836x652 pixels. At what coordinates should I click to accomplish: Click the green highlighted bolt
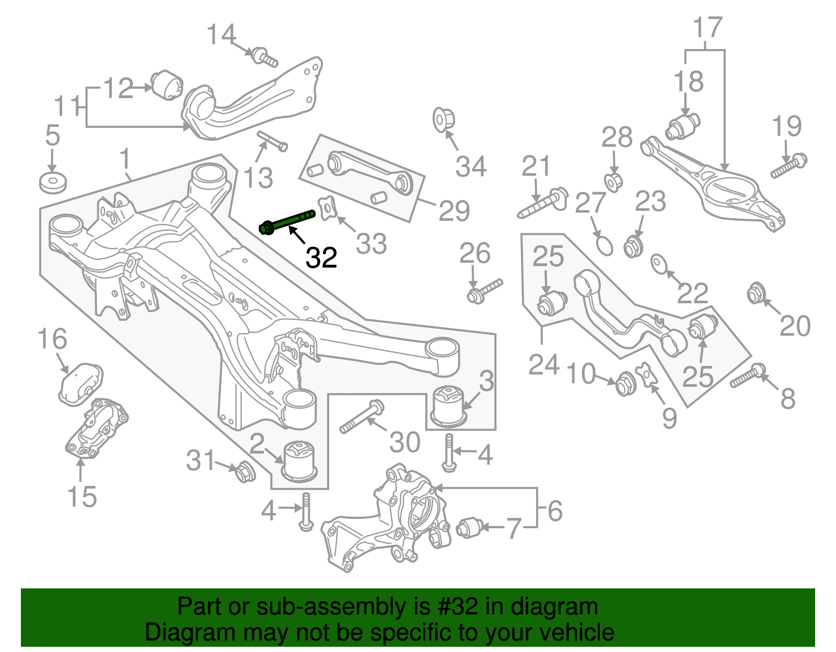coord(287,221)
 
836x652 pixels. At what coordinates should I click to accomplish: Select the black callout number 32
coord(321,257)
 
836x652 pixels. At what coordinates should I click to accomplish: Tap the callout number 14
coord(221,35)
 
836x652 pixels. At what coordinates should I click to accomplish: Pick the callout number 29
coord(454,210)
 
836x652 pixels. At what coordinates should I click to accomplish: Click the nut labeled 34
coord(443,118)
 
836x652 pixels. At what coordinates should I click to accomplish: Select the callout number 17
coord(707,27)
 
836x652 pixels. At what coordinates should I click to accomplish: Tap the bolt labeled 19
coord(789,165)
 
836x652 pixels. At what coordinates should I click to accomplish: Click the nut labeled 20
coord(754,293)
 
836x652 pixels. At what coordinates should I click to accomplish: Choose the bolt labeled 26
coord(485,291)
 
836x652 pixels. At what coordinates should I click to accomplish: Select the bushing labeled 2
coord(300,459)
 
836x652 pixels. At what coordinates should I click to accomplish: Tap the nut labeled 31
coord(244,471)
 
